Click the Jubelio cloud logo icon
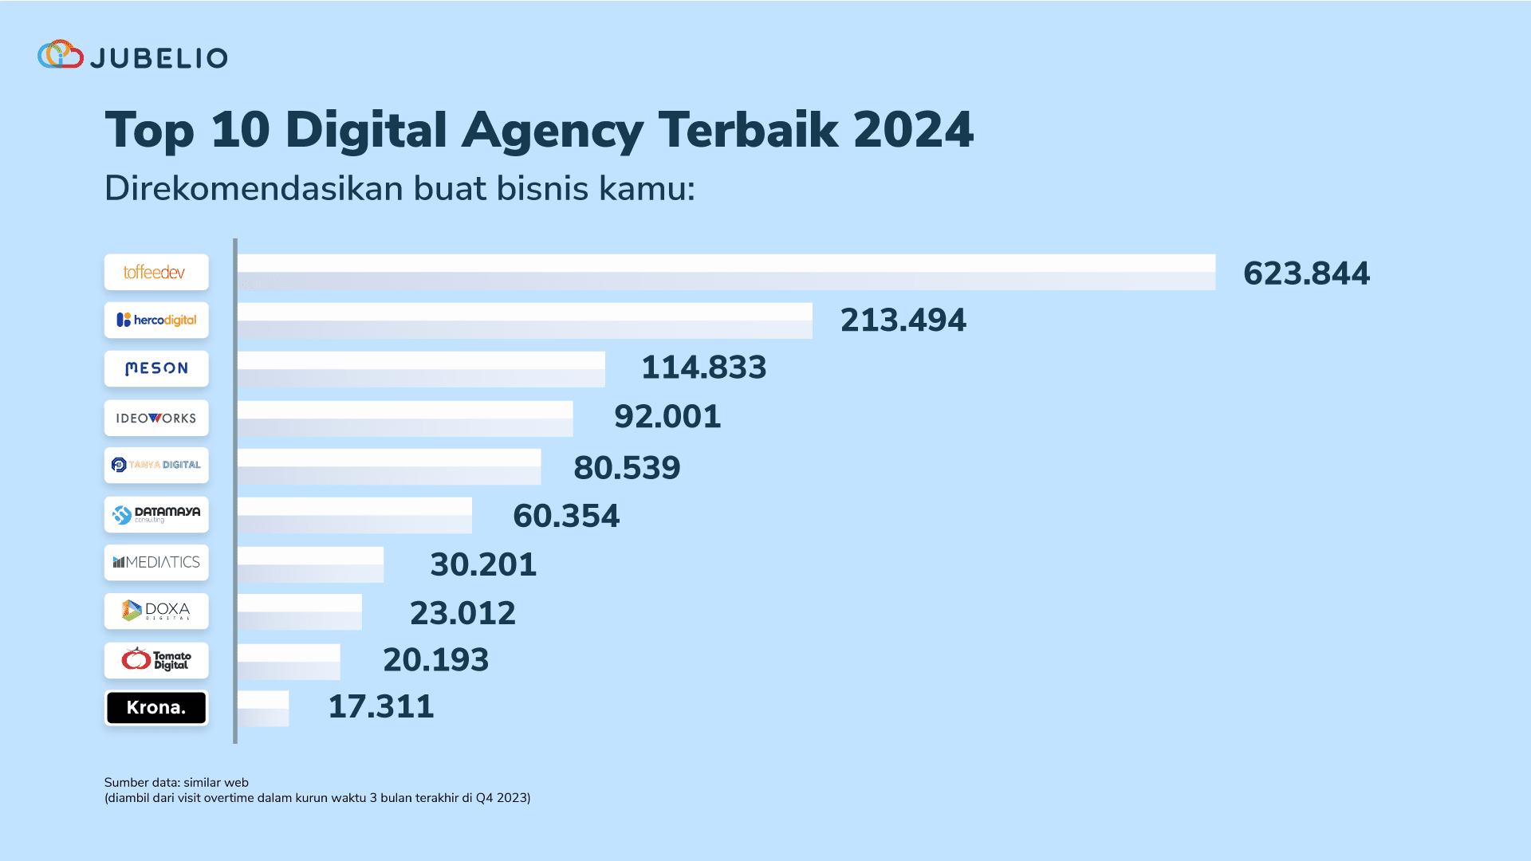tap(61, 54)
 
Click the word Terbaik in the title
tap(748, 130)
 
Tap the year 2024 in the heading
tap(913, 130)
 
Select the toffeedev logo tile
tap(156, 272)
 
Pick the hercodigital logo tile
tap(156, 320)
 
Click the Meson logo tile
tap(156, 368)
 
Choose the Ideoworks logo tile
tap(156, 418)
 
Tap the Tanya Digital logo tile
tap(156, 465)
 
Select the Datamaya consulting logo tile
tap(156, 514)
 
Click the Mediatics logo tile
tap(156, 562)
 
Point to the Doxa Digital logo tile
tap(156, 611)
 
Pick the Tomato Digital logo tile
tap(156, 660)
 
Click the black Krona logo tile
tap(156, 707)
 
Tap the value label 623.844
tap(1306, 273)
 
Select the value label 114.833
tap(703, 368)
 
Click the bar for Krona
tap(263, 708)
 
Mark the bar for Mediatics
tap(310, 564)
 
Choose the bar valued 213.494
tap(525, 320)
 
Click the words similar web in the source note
tap(216, 782)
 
